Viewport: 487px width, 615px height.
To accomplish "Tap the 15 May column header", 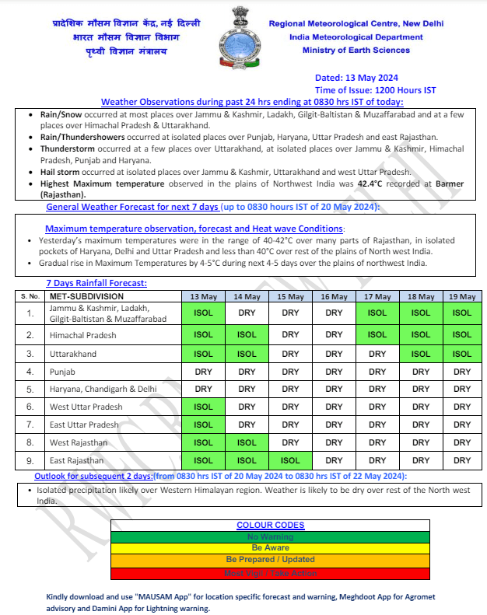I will [290, 296].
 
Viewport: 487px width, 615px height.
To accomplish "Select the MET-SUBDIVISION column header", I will [86, 296].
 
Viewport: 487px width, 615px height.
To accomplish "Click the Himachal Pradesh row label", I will [82, 335].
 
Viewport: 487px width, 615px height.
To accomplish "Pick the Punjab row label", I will [63, 372].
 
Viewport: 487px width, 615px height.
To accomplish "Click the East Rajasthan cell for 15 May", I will [290, 461].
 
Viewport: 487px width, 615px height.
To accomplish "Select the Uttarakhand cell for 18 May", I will [421, 354].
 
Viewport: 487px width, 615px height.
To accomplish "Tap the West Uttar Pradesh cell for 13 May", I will [203, 407].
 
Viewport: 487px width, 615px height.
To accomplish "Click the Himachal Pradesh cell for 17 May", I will [377, 335].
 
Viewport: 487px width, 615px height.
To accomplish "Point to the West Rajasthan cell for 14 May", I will [247, 442].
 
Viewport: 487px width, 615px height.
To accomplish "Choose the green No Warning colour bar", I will [270, 536].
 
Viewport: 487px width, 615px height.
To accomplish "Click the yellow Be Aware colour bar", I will [270, 548].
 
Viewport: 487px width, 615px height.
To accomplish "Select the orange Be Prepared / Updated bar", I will [270, 560].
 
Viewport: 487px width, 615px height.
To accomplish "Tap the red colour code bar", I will [270, 573].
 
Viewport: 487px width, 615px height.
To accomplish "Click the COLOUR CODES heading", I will [270, 526].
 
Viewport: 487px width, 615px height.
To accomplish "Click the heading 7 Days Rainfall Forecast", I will [96, 284].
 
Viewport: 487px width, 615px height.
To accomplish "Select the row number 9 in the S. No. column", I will [30, 461].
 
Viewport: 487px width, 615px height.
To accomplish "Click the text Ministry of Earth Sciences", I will [356, 51].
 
